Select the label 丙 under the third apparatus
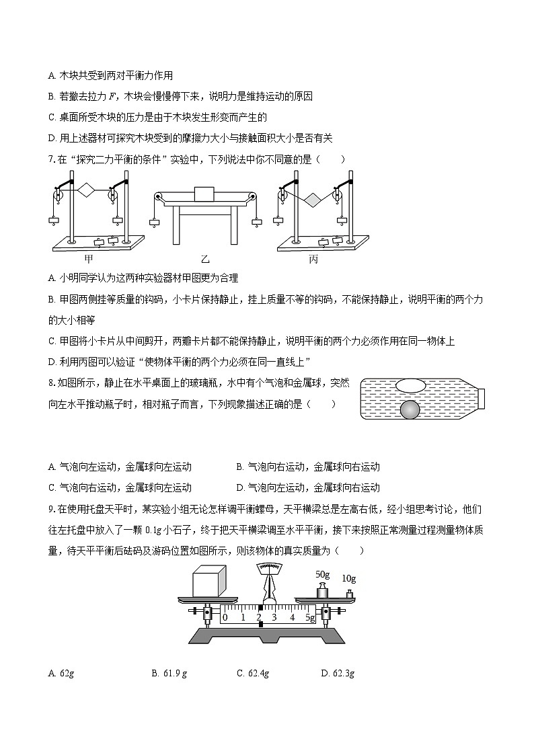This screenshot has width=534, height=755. tap(313, 259)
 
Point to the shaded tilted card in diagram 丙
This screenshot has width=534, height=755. tap(312, 199)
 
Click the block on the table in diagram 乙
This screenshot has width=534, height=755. tap(203, 193)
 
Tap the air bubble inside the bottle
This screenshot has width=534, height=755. tap(410, 385)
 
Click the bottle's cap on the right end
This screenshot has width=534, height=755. tap(481, 398)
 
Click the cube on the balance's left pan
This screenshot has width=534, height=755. tap(209, 581)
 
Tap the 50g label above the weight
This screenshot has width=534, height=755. tap(323, 574)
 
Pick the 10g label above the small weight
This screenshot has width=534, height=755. tap(348, 578)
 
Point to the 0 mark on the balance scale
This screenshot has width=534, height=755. tap(225, 617)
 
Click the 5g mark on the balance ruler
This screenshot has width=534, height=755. tap(309, 617)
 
